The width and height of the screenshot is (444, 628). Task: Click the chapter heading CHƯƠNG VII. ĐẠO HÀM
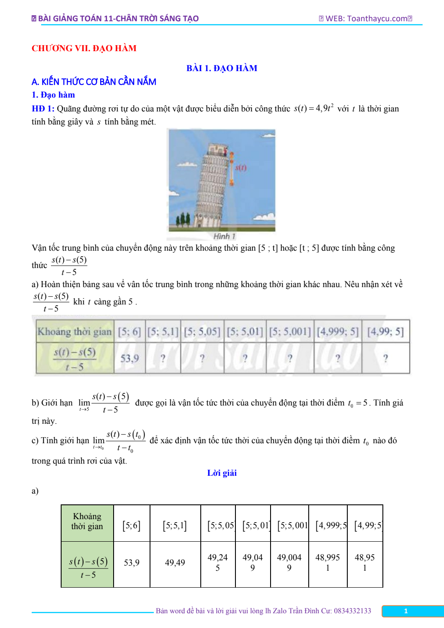[x=84, y=48]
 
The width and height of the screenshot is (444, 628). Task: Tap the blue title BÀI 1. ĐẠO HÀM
[x=222, y=68]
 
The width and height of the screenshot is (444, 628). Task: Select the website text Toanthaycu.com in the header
[x=377, y=19]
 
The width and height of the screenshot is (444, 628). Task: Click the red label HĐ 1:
[x=43, y=108]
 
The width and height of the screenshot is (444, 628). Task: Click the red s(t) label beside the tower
[x=241, y=167]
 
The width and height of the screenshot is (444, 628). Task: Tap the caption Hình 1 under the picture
[x=224, y=236]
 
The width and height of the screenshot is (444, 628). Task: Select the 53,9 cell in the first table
[x=130, y=358]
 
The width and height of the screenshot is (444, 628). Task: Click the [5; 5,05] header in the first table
[x=202, y=332]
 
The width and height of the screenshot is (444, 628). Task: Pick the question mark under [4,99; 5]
[x=385, y=358]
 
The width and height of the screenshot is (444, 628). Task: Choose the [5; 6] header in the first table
[x=129, y=332]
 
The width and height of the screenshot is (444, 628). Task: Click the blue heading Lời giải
[x=222, y=473]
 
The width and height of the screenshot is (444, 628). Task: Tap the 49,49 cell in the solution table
[x=175, y=563]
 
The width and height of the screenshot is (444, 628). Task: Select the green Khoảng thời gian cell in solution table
[x=87, y=521]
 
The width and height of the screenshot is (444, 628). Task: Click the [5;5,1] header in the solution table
[x=175, y=526]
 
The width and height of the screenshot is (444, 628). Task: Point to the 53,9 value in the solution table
[x=131, y=563]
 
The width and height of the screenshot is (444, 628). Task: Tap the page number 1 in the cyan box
[x=406, y=611]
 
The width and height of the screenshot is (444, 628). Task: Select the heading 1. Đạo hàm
[x=53, y=95]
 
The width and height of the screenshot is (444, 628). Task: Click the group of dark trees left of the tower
[x=183, y=220]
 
